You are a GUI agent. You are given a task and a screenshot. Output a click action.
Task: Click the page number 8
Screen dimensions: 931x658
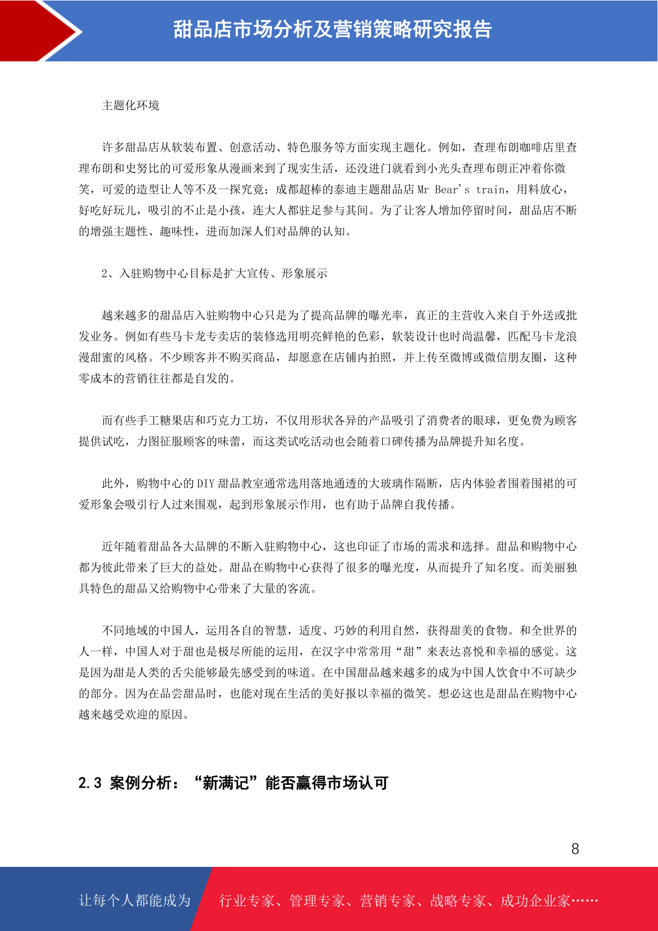click(x=575, y=849)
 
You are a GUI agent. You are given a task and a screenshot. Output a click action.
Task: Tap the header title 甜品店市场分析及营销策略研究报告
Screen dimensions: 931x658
click(x=333, y=30)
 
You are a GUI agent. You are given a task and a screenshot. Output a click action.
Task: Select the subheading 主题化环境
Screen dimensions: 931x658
click(x=131, y=106)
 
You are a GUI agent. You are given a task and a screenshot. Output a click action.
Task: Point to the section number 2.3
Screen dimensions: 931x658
click(x=90, y=783)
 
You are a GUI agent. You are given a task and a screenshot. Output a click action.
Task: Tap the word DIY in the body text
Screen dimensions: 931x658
click(x=205, y=484)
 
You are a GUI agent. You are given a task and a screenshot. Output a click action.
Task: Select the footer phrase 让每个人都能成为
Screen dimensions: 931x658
click(x=135, y=901)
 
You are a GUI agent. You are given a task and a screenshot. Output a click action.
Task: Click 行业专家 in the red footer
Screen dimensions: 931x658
click(x=247, y=901)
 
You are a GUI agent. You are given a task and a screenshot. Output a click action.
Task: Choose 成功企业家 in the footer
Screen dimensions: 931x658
click(x=535, y=901)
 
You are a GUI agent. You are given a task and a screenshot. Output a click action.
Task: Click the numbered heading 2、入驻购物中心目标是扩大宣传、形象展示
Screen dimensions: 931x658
click(x=214, y=274)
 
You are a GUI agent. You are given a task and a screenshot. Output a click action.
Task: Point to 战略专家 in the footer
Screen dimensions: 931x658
click(x=458, y=901)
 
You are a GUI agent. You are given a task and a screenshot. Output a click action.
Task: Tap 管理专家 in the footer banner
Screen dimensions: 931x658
click(x=317, y=901)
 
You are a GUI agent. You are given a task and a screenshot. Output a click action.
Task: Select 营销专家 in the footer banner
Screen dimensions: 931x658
click(x=387, y=901)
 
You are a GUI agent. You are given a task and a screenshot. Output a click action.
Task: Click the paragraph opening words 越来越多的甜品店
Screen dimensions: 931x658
click(x=148, y=316)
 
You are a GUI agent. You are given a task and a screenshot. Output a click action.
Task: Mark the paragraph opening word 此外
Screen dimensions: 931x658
click(x=113, y=484)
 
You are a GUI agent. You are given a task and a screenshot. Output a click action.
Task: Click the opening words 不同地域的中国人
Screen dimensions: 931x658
click(x=148, y=631)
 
